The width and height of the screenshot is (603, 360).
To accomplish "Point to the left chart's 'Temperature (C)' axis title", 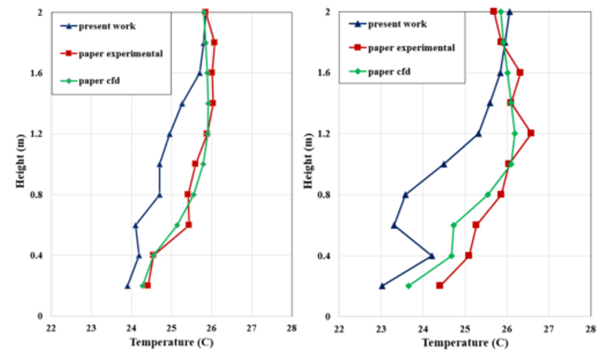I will coord(170,343).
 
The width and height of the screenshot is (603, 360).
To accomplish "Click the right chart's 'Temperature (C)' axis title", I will coord(463,343).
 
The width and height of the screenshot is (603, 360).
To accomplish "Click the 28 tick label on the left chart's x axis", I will coord(292,327).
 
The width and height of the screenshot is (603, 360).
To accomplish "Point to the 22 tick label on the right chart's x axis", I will coord(339,327).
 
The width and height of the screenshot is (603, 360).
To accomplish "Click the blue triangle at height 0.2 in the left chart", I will coord(127,286).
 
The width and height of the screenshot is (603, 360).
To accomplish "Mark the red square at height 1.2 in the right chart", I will coord(531,133).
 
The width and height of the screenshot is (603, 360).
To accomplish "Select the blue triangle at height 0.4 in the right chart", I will coord(431,256).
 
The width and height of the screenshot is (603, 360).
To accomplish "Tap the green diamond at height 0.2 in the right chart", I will coord(408,286).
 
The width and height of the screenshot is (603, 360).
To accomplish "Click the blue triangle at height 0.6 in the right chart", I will coord(393,225).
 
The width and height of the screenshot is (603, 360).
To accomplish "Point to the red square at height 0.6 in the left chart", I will coord(188,225).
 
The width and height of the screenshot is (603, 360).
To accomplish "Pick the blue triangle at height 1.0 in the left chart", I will coord(159,165).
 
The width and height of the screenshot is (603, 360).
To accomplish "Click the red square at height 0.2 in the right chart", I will coord(439,285).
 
